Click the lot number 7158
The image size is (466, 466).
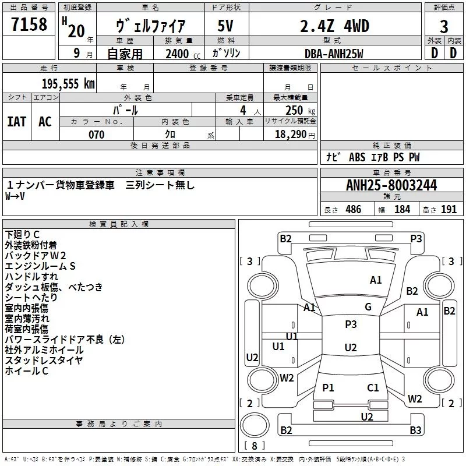(x=30, y=26)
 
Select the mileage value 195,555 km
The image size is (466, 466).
(x=68, y=84)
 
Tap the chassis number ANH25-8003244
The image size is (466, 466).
(x=391, y=186)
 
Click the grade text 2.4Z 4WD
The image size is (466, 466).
(x=336, y=26)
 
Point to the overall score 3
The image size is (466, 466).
(x=444, y=26)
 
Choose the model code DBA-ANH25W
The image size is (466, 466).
(x=334, y=54)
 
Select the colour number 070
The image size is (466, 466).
(x=96, y=135)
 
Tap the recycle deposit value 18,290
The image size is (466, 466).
(x=293, y=135)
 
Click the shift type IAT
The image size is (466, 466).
(x=17, y=121)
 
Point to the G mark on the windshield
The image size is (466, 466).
(x=368, y=307)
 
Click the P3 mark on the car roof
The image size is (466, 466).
(x=351, y=324)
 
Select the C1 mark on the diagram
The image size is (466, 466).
(x=373, y=387)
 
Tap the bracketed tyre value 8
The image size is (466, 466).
(x=255, y=446)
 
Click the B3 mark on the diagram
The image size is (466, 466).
(x=415, y=430)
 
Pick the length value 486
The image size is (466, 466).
(x=353, y=210)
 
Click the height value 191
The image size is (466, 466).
(x=449, y=210)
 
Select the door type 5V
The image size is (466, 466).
(x=225, y=26)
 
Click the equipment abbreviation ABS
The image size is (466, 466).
(x=357, y=157)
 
